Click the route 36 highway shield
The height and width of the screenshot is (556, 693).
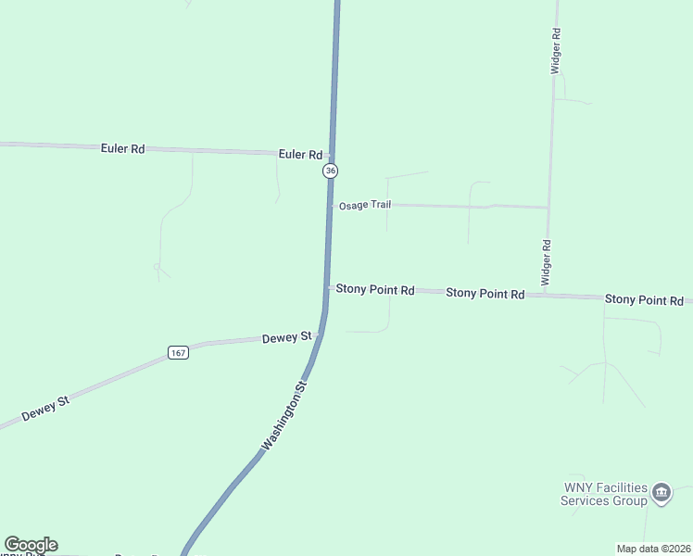331,171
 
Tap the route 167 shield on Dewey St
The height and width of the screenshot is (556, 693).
179,352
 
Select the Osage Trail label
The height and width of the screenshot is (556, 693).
364,204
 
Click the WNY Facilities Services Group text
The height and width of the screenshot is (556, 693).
604,494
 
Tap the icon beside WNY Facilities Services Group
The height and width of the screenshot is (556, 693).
661,493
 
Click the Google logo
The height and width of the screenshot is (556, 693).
31,545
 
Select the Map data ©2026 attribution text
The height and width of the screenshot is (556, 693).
653,549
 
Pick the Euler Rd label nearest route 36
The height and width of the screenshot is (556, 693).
300,155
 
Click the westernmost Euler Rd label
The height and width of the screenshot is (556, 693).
123,148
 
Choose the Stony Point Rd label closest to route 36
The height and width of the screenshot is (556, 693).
374,289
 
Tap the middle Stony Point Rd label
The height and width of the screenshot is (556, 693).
485,293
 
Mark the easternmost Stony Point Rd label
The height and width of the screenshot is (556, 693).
644,300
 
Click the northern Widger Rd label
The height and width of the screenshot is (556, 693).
556,51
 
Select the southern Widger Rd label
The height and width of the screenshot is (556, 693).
547,262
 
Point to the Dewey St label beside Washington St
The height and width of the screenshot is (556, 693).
286,338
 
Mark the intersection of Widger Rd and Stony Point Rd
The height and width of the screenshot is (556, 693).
547,296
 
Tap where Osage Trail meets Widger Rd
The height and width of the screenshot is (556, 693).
548,208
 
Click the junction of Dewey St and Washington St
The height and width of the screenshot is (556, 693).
321,335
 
